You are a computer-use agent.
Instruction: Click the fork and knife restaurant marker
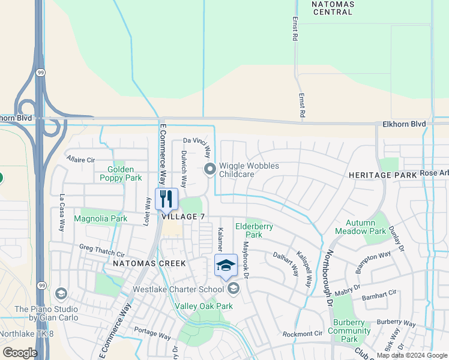166,199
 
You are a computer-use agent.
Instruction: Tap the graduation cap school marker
226,265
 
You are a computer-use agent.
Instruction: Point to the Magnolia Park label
100,219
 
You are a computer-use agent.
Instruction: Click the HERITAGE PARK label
383,175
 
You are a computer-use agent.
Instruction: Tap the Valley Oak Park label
203,306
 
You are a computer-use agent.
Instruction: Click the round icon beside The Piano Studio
60,293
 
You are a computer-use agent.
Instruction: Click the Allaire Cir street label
81,160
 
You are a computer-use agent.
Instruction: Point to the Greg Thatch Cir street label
102,251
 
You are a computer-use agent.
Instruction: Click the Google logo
20,353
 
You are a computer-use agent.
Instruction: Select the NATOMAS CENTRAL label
333,7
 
